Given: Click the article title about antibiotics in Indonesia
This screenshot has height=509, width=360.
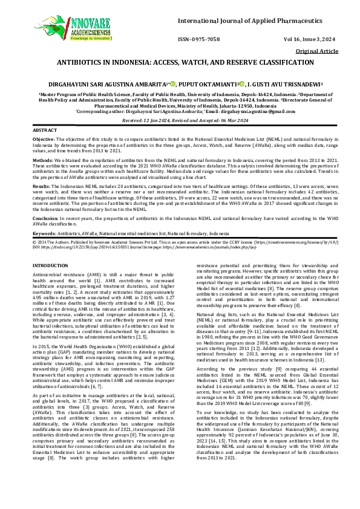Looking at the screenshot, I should point(185,62).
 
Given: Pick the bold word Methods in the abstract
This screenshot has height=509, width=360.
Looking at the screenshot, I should point(42,161).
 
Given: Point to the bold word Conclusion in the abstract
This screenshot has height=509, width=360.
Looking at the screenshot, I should point(45,217).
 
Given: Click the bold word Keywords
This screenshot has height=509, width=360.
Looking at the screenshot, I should point(44,232).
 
